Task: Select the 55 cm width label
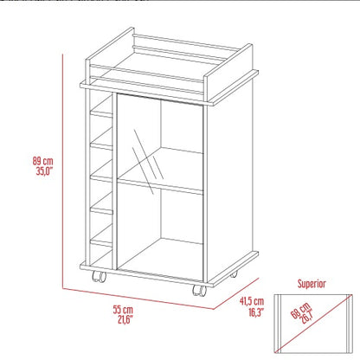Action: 122,310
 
